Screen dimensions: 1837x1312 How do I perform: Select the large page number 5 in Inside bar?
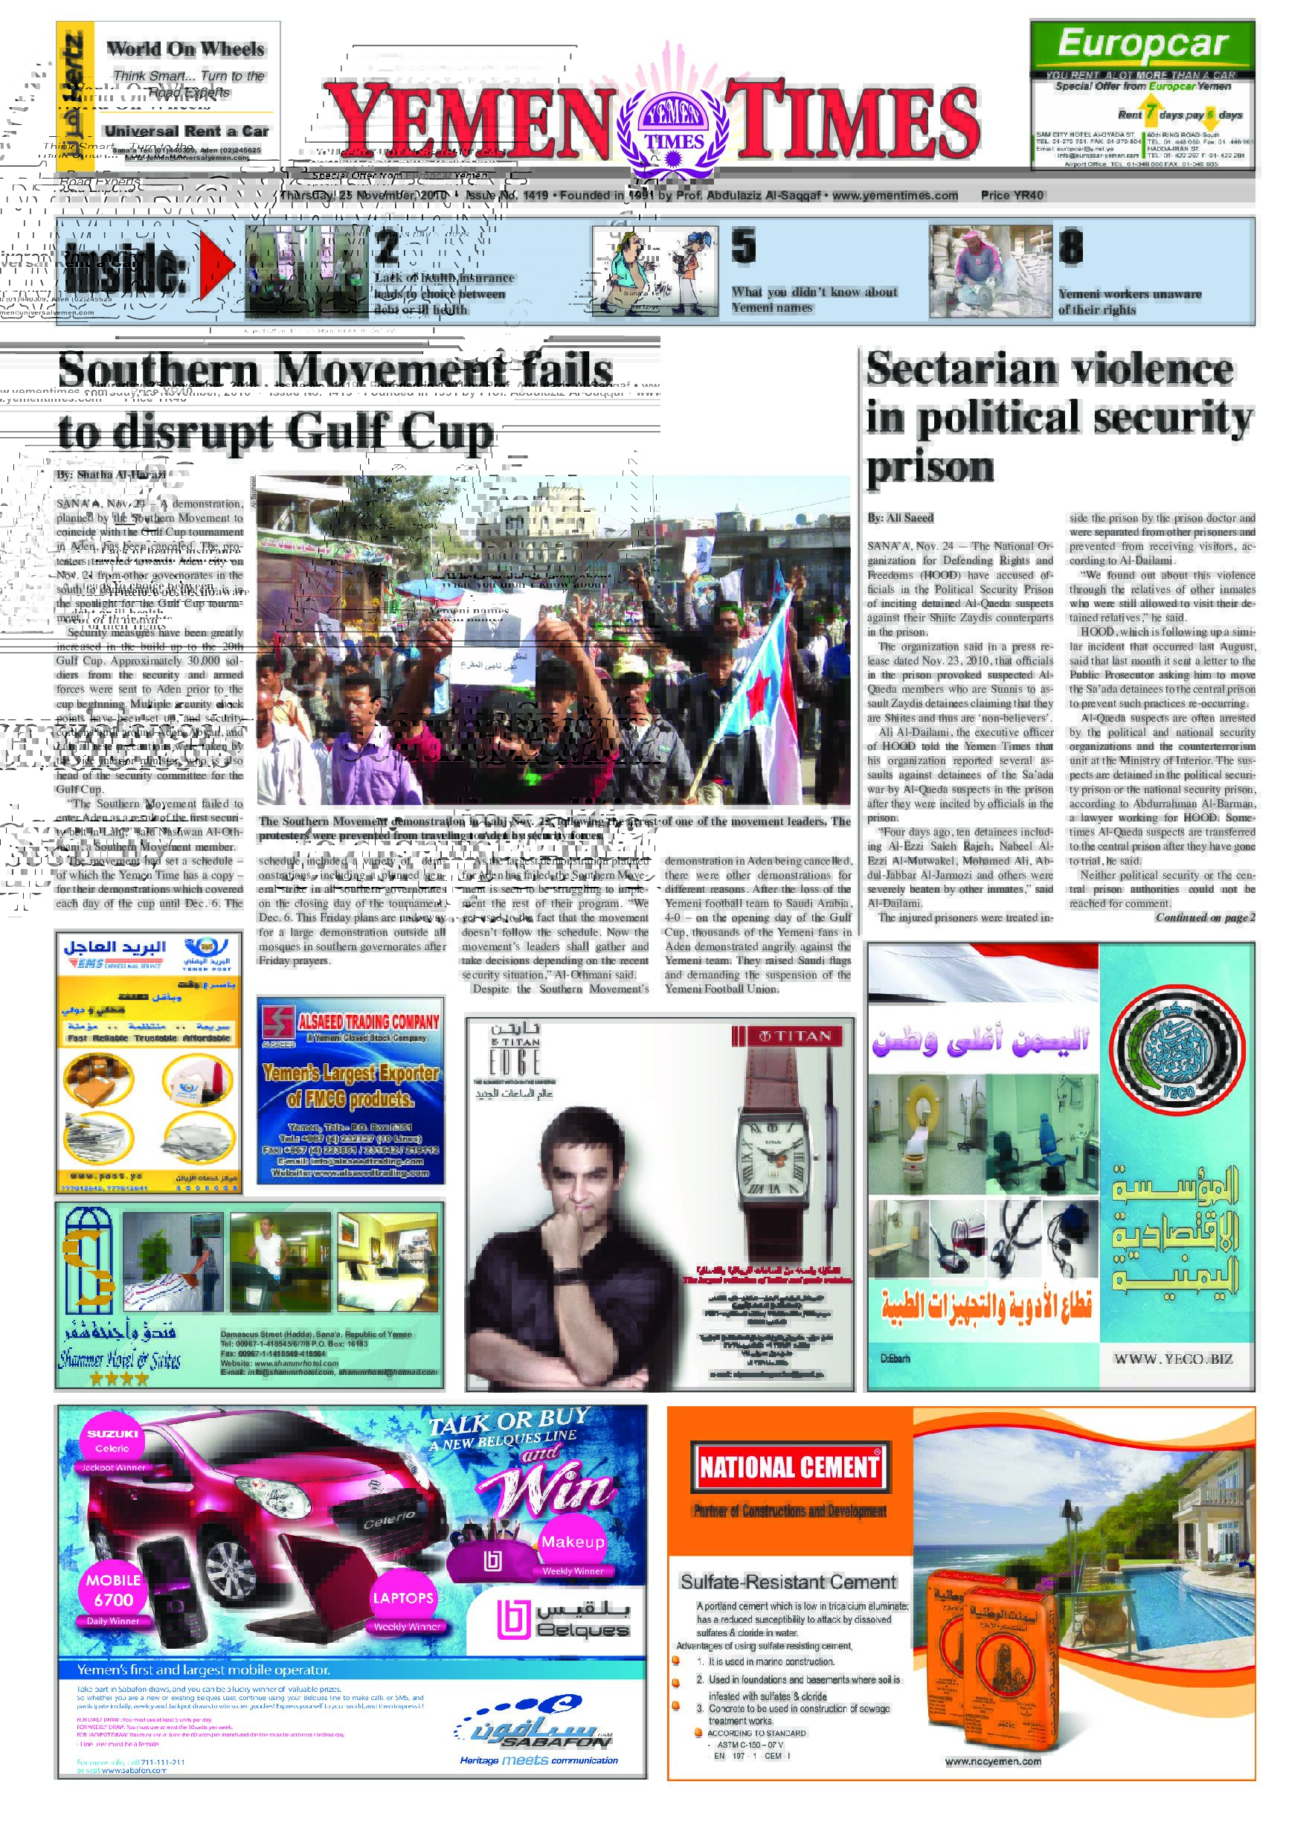pyautogui.click(x=743, y=246)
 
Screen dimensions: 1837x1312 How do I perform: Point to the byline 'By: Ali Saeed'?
pyautogui.click(x=900, y=518)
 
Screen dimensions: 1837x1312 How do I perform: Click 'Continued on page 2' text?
pyautogui.click(x=1205, y=917)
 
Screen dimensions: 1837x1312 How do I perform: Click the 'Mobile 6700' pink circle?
pyautogui.click(x=113, y=1591)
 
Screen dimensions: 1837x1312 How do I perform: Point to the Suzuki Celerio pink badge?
pyautogui.click(x=112, y=1440)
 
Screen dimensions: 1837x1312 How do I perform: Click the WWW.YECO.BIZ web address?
pyautogui.click(x=1173, y=1359)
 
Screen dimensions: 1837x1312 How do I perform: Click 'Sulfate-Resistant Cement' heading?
pyautogui.click(x=788, y=1583)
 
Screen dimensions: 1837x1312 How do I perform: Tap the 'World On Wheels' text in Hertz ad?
pyautogui.click(x=185, y=49)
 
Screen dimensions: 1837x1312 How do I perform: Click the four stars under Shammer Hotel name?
pyautogui.click(x=119, y=1379)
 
